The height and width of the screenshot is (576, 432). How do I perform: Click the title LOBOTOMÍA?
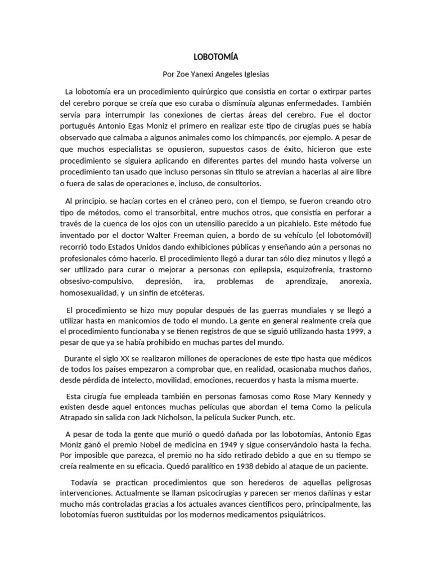pos(216,57)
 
